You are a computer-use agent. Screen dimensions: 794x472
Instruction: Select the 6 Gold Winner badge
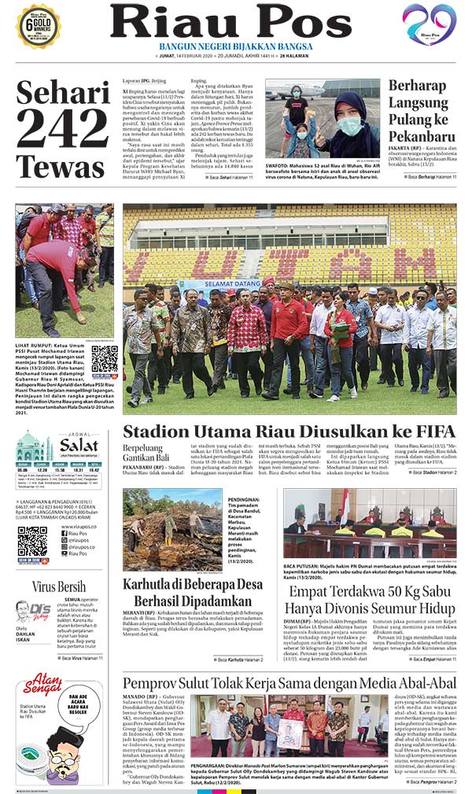point(39,25)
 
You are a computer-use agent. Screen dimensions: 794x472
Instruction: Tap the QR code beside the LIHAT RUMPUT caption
point(104,358)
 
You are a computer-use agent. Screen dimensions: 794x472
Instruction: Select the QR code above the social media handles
point(32,542)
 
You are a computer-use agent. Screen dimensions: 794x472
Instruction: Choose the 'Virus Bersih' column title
point(59,586)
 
